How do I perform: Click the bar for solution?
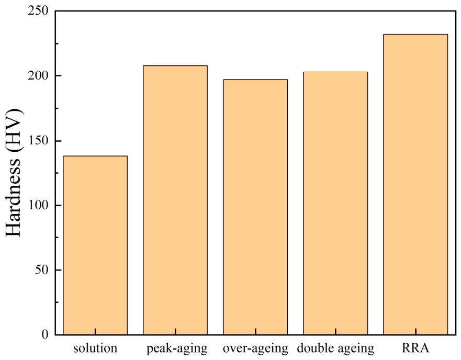pos(95,245)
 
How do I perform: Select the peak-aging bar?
pos(175,200)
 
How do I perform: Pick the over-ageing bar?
pos(255,207)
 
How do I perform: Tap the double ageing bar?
pos(335,203)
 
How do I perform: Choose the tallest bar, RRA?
pos(415,184)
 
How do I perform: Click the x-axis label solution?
pos(95,348)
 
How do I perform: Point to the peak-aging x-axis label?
pos(177,349)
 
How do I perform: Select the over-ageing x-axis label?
pos(255,349)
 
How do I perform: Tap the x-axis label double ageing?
pos(335,349)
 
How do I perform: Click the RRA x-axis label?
pos(415,348)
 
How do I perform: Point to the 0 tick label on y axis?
pos(45,335)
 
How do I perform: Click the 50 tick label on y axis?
pos(42,270)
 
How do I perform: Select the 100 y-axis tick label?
pos(39,205)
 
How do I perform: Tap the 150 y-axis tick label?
pos(39,141)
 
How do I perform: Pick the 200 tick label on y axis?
pos(38,75)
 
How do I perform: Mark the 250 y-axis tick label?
pos(38,11)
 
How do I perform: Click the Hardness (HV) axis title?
pos(14,173)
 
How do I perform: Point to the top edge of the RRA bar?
pos(415,35)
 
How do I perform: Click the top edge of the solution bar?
pos(95,156)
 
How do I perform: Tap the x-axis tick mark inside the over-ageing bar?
pos(255,331)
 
